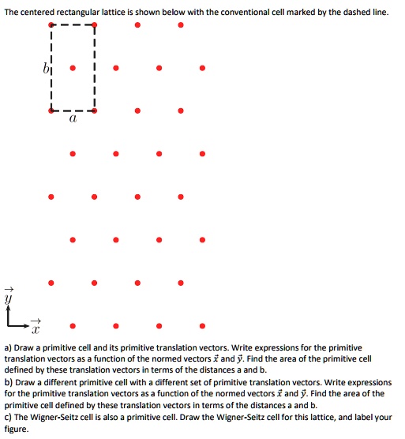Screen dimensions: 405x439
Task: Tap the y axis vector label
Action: (x=9, y=298)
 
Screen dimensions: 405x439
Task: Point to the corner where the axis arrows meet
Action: (x=9, y=324)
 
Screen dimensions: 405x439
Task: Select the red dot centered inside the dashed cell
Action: (x=73, y=68)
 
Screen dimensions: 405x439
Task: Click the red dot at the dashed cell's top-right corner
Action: (x=95, y=25)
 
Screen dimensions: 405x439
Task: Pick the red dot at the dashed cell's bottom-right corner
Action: (x=95, y=111)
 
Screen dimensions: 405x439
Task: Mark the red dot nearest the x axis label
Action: (x=73, y=325)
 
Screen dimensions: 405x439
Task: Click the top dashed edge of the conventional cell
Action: (x=73, y=25)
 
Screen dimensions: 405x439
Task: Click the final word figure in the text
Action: (x=16, y=429)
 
